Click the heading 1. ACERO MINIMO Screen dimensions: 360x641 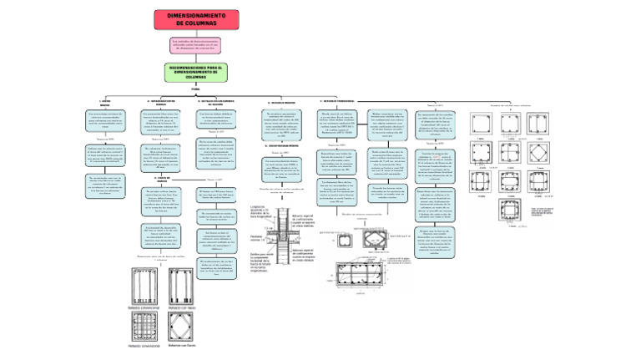105,102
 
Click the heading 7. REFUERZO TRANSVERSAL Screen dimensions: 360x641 338,101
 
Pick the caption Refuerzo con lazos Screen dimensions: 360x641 182,307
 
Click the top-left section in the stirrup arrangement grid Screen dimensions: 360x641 482,122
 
